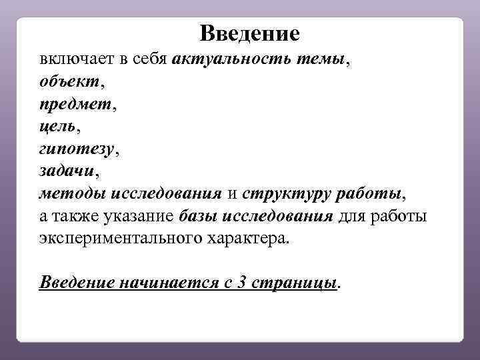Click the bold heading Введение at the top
click(250, 33)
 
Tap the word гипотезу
click(76, 149)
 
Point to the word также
click(73, 217)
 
